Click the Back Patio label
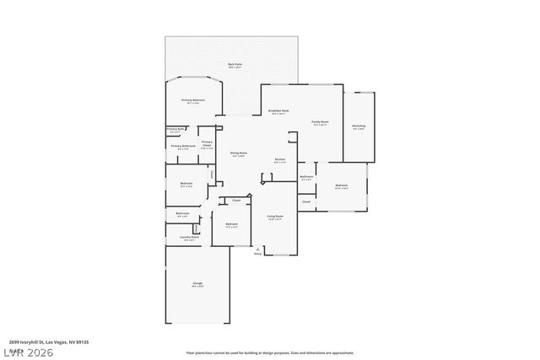(x=234, y=64)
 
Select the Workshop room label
(x=359, y=126)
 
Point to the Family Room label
(x=320, y=122)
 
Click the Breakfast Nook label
(x=279, y=111)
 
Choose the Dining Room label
(x=238, y=153)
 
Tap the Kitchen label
(x=280, y=159)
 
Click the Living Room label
(x=274, y=217)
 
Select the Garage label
(x=197, y=284)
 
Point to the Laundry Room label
(x=189, y=238)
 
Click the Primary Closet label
(x=207, y=144)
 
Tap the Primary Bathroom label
(x=183, y=147)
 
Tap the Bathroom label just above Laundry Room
(x=182, y=213)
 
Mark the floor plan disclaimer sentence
(x=269, y=352)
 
